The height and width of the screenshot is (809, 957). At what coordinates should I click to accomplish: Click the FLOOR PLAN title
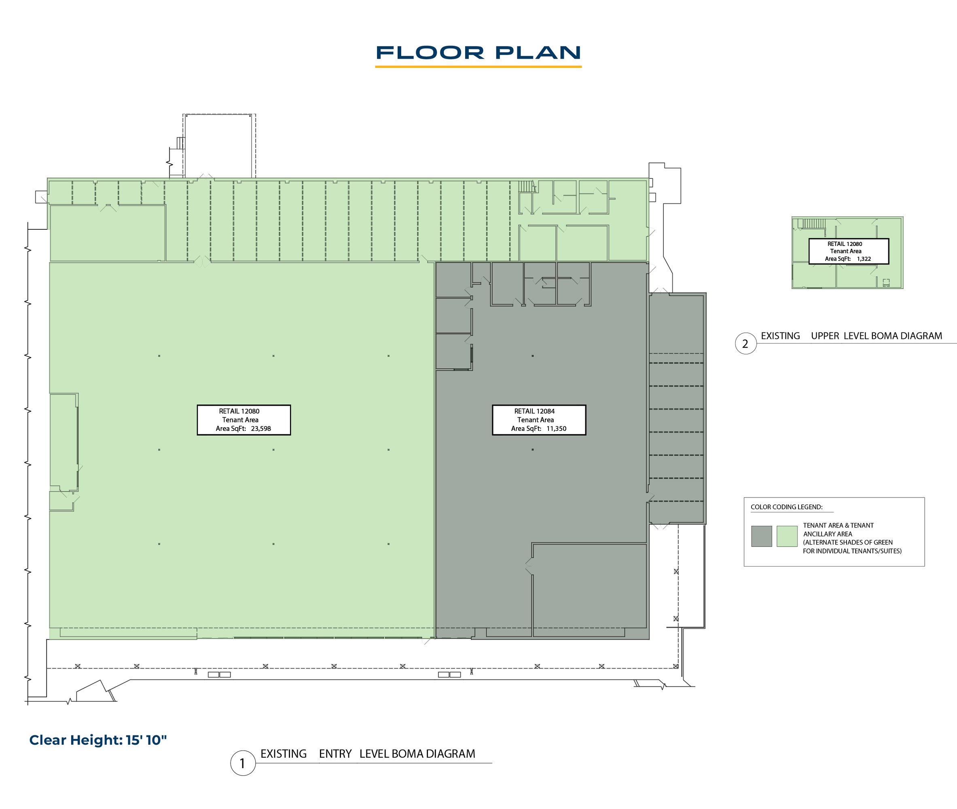[478, 53]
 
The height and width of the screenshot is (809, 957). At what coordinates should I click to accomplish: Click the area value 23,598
[261, 429]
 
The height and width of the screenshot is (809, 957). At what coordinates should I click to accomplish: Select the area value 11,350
[556, 429]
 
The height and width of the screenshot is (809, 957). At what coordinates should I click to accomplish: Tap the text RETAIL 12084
[534, 411]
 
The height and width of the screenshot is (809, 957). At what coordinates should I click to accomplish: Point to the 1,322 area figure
[864, 258]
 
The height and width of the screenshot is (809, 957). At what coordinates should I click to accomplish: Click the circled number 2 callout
[745, 343]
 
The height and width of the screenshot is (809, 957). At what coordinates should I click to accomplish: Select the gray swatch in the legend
[762, 536]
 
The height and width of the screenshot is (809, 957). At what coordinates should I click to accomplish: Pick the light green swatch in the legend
[787, 536]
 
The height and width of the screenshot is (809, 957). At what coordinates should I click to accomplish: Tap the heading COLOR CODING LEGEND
[786, 507]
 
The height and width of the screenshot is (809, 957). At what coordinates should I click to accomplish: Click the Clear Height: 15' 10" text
[98, 740]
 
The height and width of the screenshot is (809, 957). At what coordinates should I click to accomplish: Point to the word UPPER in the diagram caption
[825, 336]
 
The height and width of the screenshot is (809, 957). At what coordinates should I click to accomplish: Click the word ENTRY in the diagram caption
[335, 754]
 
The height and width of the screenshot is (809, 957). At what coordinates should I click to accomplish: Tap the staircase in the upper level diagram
[813, 224]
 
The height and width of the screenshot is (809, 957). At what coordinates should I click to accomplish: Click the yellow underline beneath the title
[478, 67]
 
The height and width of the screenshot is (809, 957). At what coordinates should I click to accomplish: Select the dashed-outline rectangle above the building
[219, 146]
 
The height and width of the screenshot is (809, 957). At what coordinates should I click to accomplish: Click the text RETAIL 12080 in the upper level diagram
[845, 244]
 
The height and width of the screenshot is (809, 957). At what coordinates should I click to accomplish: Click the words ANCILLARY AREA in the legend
[828, 534]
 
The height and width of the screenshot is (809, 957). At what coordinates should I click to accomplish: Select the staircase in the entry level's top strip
[527, 186]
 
